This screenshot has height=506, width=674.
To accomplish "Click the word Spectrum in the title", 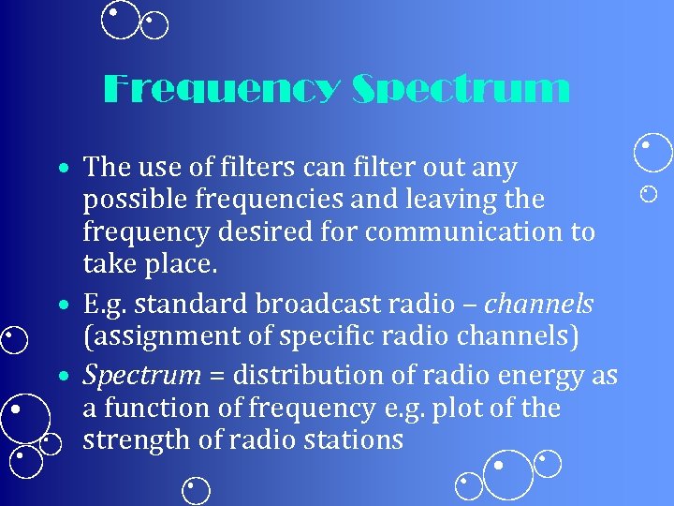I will (x=461, y=90).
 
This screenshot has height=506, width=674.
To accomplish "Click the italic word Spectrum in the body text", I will (x=141, y=376).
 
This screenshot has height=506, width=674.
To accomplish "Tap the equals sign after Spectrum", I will (x=216, y=376).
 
